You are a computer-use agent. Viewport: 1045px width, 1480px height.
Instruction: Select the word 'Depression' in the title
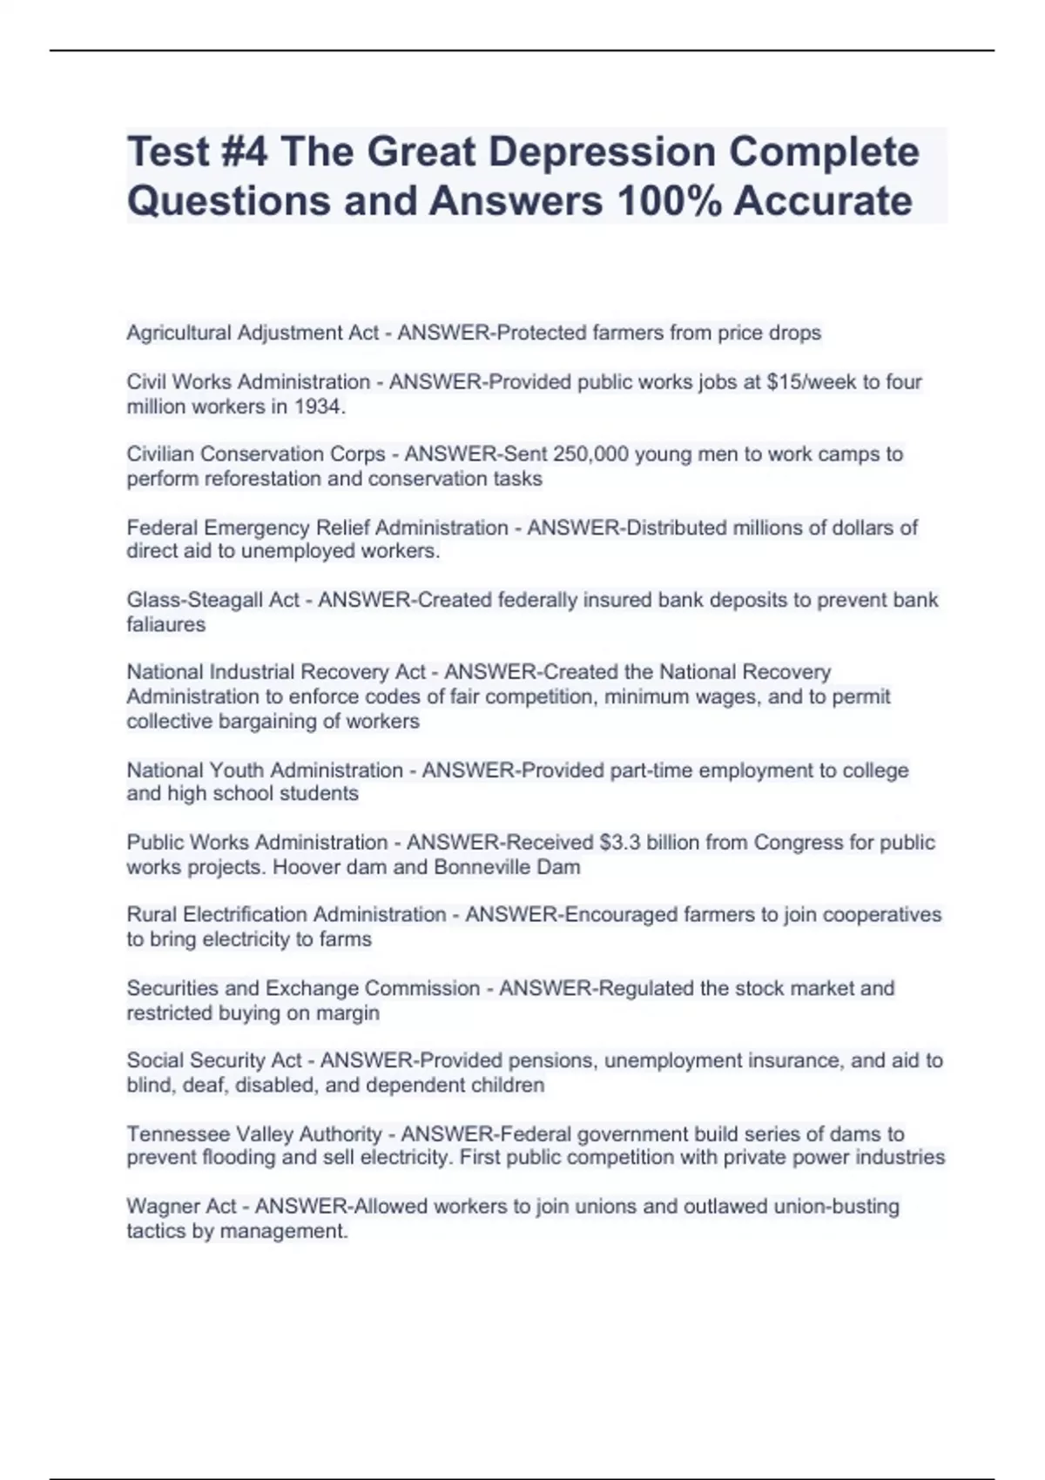click(601, 151)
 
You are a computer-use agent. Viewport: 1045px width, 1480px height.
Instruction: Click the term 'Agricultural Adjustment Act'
click(253, 333)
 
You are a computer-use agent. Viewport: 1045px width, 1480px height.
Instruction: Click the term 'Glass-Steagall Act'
click(212, 600)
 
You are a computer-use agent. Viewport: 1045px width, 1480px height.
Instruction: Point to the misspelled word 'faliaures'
click(166, 624)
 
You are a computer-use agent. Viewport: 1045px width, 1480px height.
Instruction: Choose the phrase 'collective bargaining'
click(221, 721)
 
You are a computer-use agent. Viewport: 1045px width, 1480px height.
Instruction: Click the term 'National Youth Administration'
click(265, 770)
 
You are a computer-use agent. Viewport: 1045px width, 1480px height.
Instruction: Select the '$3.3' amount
click(624, 842)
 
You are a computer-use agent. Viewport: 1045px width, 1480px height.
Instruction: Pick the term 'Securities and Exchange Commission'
click(303, 988)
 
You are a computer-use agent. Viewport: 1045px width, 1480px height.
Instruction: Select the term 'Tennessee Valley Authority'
click(254, 1134)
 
